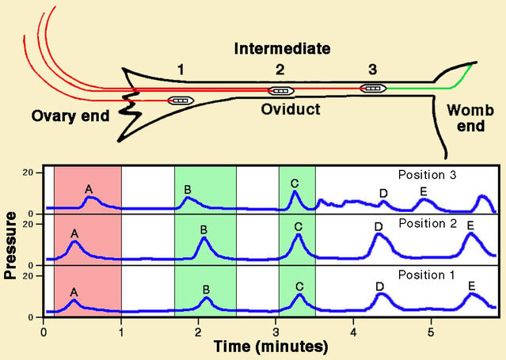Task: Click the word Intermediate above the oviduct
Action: pos(283,49)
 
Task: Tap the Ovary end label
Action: pos(70,116)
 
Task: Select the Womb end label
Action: pos(470,118)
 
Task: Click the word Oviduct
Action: pos(291,109)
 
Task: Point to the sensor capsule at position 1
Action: pos(181,100)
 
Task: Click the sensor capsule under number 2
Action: pos(281,91)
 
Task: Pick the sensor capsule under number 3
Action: pos(373,88)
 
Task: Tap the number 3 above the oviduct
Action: pos(373,70)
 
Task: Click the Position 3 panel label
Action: pos(428,175)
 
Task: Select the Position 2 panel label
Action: pos(428,223)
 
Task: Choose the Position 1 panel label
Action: pos(427,275)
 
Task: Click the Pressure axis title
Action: pos(10,245)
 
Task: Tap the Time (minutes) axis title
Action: pos(271,347)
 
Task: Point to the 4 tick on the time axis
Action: pos(353,332)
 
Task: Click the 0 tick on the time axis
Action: pos(44,332)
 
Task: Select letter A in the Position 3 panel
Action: pos(89,189)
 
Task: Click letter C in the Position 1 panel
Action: pos(299,286)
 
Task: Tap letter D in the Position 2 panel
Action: pos(379,227)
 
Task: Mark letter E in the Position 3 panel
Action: pos(424,192)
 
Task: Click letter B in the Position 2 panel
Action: pos(204,230)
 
